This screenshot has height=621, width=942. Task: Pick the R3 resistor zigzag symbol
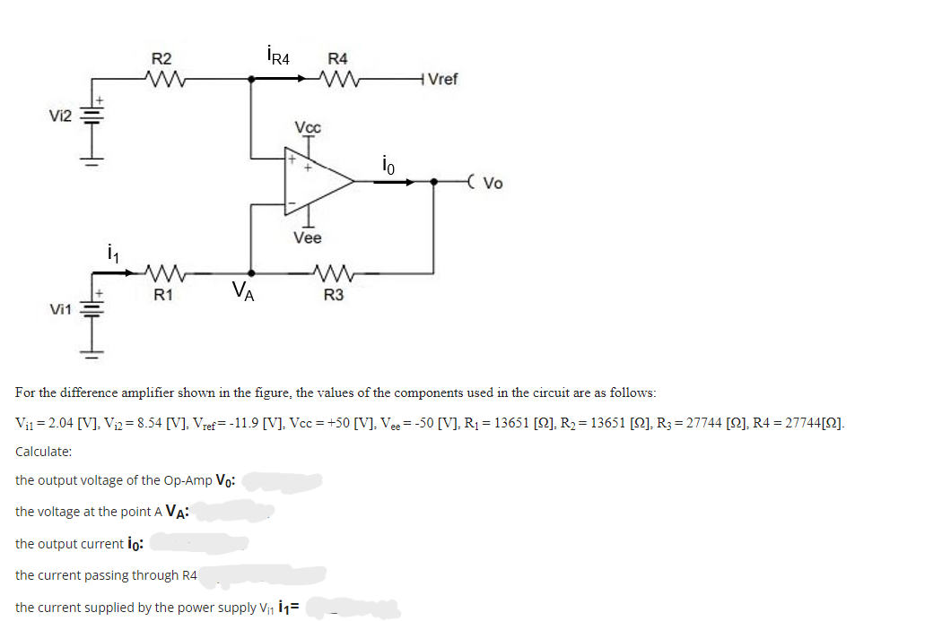click(x=333, y=272)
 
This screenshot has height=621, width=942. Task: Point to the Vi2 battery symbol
click(x=92, y=118)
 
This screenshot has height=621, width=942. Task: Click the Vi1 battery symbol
click(x=92, y=310)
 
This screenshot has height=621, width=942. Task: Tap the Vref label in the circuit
click(x=442, y=80)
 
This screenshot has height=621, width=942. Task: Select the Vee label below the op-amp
click(x=307, y=237)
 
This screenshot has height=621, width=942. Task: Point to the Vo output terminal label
click(x=493, y=184)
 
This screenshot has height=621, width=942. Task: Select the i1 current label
click(x=110, y=252)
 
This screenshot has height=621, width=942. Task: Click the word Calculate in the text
click(x=44, y=452)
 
